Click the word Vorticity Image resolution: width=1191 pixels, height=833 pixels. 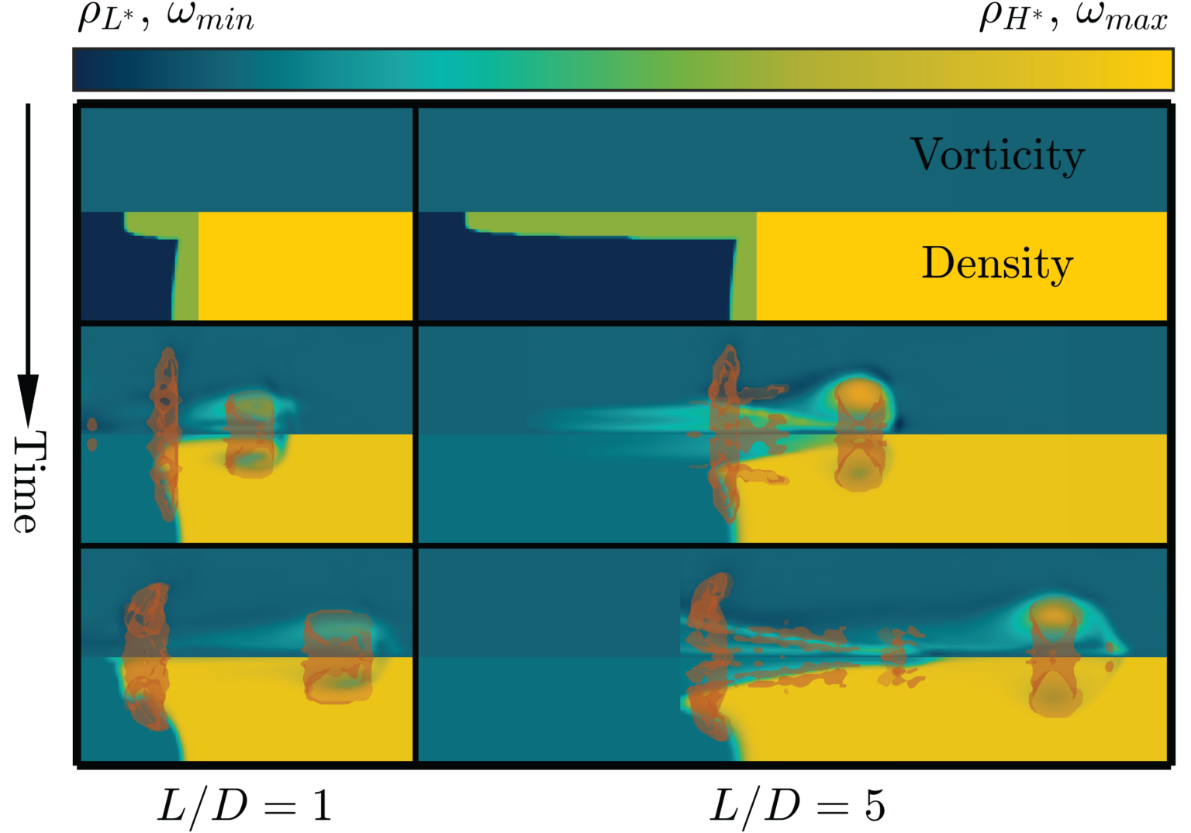pos(997,155)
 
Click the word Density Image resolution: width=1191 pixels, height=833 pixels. pos(997,264)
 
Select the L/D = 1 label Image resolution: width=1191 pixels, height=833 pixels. pos(245,807)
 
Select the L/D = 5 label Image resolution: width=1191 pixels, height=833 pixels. pos(797,807)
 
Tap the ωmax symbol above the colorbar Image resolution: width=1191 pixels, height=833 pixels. pos(1121,17)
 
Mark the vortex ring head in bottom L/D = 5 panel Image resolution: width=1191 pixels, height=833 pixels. pos(1055,655)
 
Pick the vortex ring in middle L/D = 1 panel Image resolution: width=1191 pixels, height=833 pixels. pos(250,434)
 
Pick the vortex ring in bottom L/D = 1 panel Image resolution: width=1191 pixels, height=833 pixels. pos(338,656)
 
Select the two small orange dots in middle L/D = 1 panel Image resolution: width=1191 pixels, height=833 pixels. pos(92,434)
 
